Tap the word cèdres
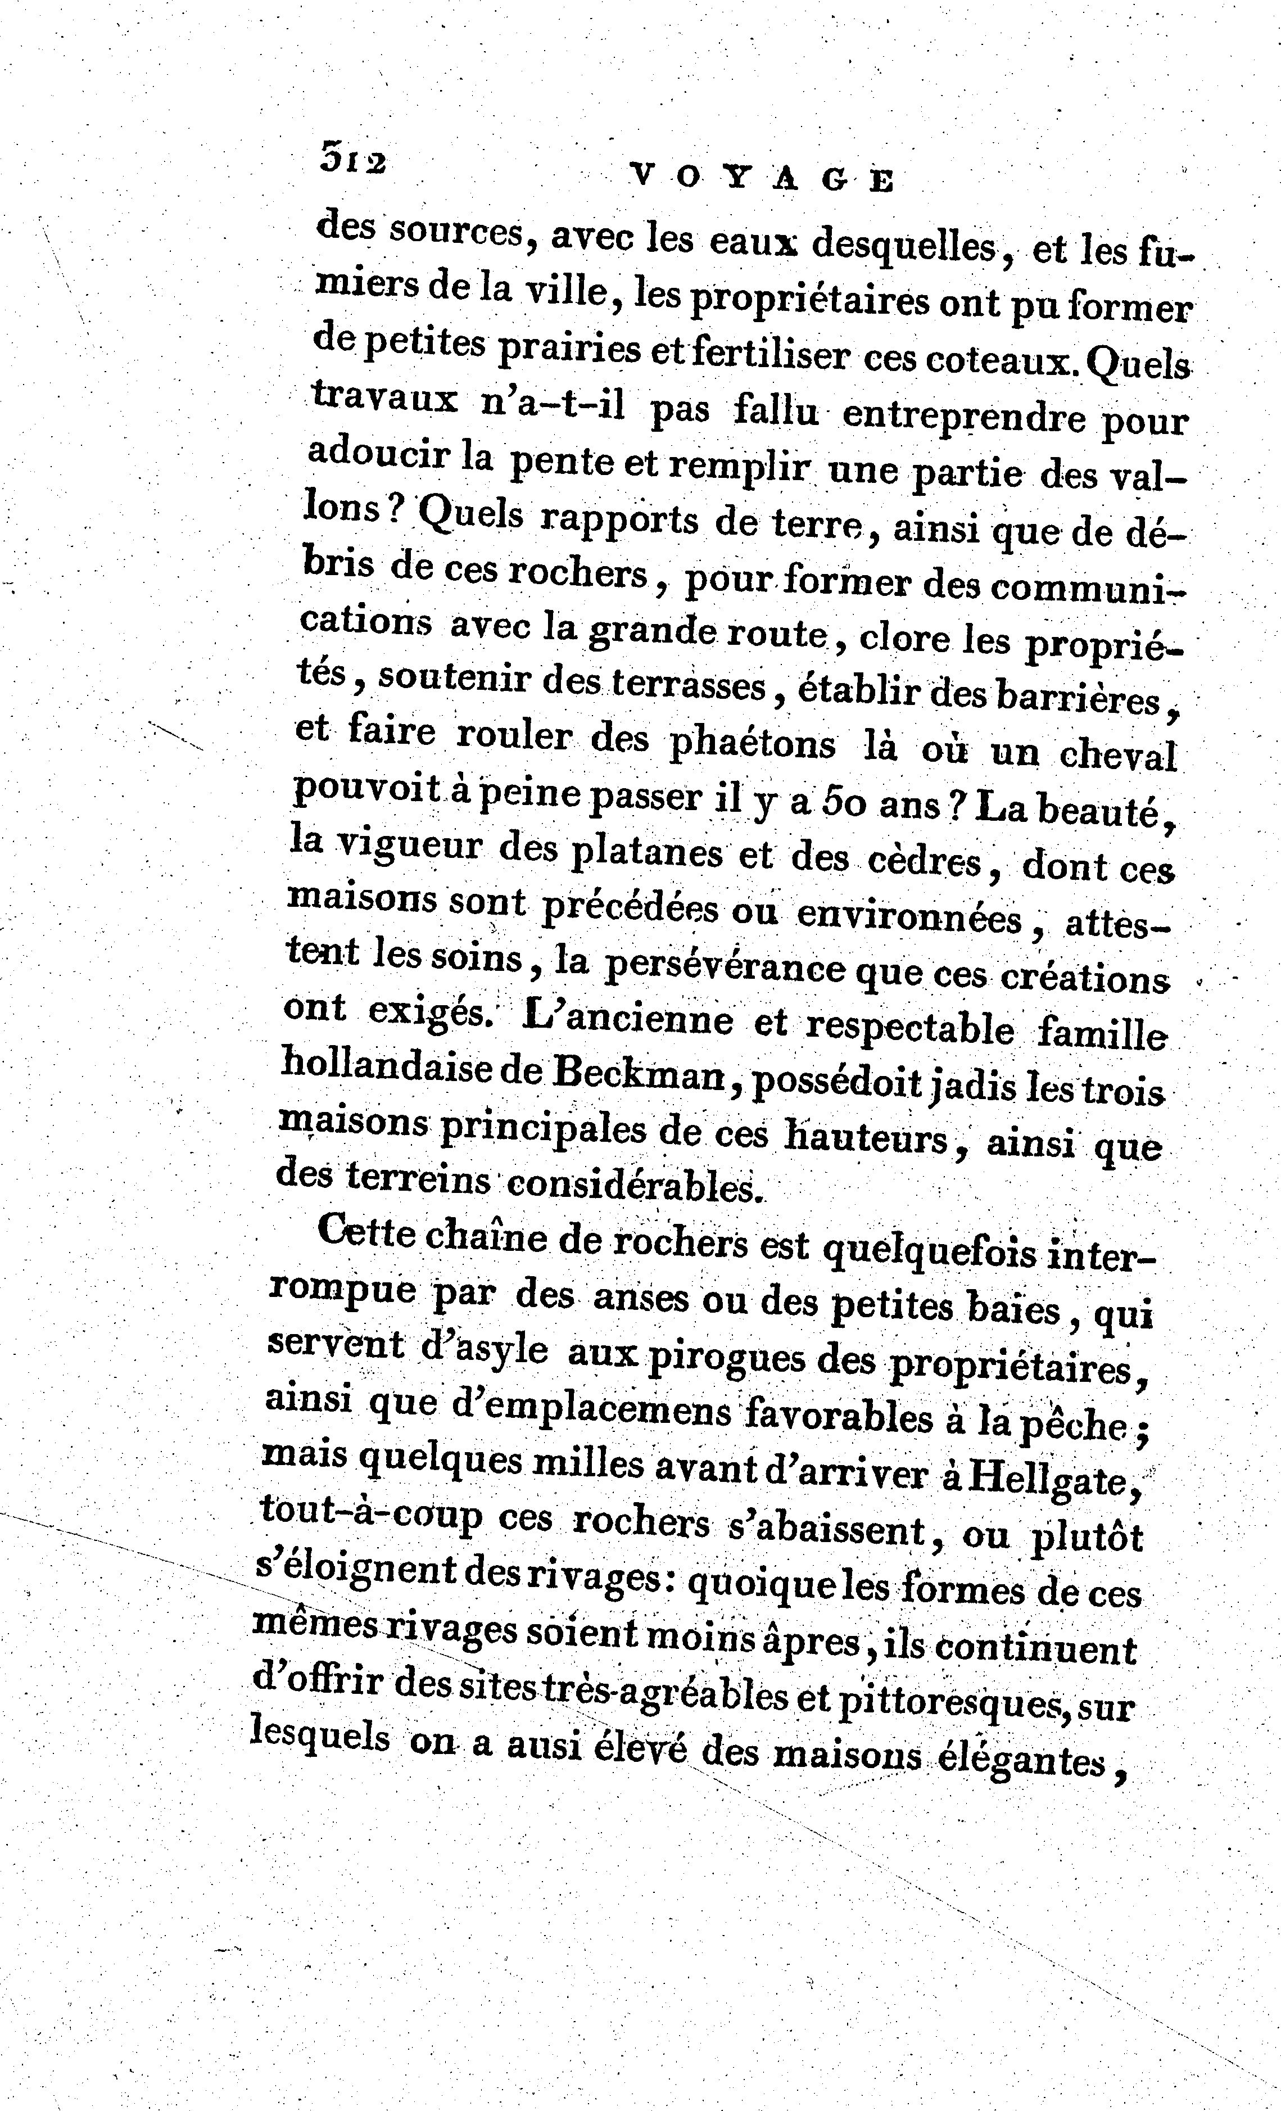click(x=925, y=860)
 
